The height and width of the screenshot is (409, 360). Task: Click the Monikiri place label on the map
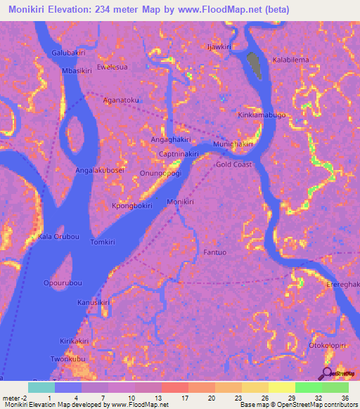pos(180,202)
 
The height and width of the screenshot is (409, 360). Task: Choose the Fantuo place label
pos(214,252)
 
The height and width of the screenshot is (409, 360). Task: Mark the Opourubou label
pos(63,283)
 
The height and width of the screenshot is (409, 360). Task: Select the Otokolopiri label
pos(328,346)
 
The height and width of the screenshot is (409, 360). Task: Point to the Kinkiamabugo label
pos(262,115)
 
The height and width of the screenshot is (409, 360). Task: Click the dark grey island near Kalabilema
pos(255,66)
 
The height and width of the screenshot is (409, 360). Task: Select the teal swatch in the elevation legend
pos(41,387)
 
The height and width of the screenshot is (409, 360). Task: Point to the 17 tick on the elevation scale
pos(185,398)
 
